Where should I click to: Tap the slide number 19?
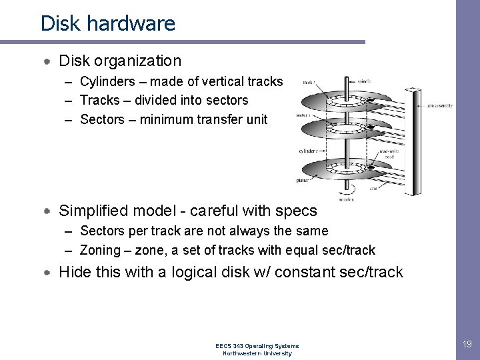pyautogui.click(x=467, y=344)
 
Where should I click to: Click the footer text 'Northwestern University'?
pyautogui.click(x=257, y=353)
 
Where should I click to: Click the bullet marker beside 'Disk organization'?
pyautogui.click(x=48, y=61)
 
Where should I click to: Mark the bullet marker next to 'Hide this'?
pyautogui.click(x=48, y=273)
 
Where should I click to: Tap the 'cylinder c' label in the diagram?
pyautogui.click(x=307, y=151)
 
